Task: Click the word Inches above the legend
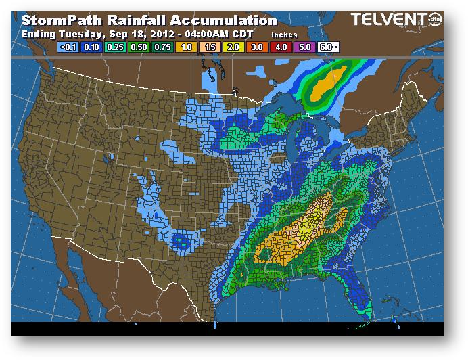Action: (284, 34)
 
